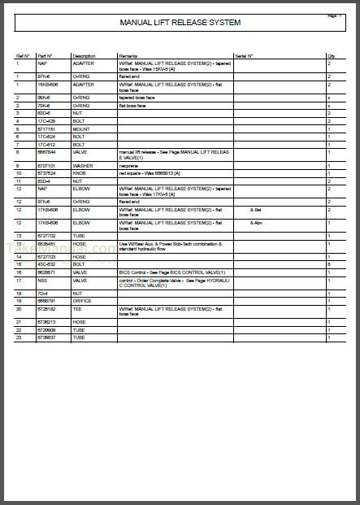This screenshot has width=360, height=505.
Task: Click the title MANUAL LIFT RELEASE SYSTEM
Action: (180, 23)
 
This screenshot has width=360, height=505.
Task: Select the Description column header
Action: (84, 56)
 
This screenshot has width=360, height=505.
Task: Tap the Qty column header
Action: (332, 56)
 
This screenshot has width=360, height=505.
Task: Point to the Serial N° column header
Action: (245, 56)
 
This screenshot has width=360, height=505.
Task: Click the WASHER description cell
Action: (84, 165)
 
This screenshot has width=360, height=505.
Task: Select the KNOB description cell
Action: (80, 172)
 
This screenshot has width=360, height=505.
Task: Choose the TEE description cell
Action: (78, 309)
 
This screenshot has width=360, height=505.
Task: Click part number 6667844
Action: (46, 152)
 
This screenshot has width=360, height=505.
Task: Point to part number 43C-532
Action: (47, 264)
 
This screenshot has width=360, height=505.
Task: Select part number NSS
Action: (41, 280)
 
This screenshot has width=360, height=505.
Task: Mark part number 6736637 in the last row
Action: (46, 337)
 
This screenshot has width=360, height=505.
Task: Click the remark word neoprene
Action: (131, 165)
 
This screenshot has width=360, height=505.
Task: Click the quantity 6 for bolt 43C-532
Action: (328, 264)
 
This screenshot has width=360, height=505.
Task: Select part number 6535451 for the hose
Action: (46, 243)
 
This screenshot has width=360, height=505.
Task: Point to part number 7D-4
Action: (43, 293)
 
